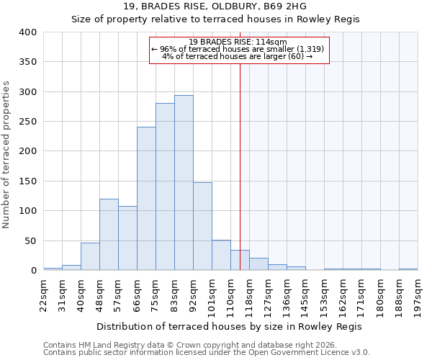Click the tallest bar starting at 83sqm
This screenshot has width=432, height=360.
coord(184,183)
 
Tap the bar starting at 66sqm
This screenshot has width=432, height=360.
coord(146,199)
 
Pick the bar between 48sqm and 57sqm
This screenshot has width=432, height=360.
coord(109,235)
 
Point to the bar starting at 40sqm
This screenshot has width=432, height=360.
coord(90,257)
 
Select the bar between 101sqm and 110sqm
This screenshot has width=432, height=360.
coord(221,256)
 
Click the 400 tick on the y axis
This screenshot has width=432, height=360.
coord(28,32)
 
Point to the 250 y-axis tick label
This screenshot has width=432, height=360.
coord(28,122)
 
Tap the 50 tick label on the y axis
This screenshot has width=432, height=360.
coord(31,241)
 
